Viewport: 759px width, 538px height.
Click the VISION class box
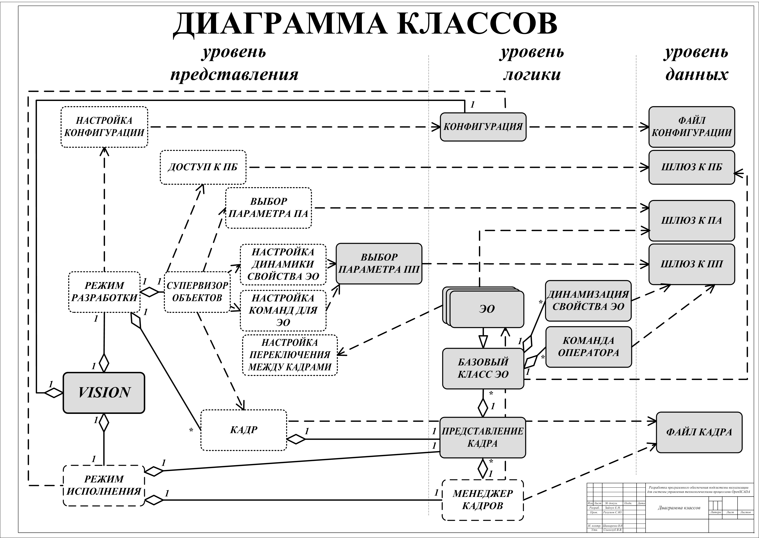pos(104,393)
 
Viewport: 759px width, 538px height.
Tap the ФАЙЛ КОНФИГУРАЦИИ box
pos(691,127)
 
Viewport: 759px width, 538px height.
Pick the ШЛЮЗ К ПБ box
pos(691,167)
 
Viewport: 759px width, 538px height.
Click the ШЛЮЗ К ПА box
pos(691,220)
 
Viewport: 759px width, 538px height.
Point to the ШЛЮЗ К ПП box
pos(691,264)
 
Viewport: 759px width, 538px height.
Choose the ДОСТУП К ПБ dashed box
pos(203,167)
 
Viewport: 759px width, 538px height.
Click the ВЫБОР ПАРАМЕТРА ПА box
pos(268,208)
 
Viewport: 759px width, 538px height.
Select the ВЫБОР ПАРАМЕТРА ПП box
pos(379,263)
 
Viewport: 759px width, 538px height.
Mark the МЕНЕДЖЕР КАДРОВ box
pos(483,500)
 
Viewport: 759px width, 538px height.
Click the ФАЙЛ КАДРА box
pos(699,432)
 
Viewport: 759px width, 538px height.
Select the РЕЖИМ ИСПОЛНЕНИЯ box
pos(104,485)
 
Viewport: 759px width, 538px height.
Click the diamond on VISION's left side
pos(54,393)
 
